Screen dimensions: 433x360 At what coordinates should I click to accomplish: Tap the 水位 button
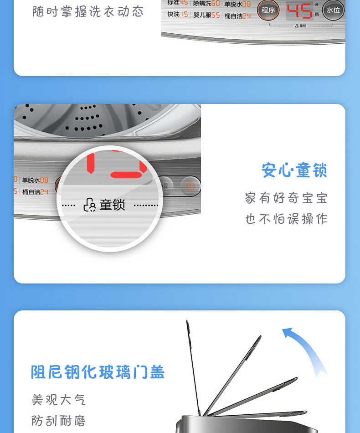(x=333, y=10)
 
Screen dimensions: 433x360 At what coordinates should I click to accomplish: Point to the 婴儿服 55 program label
(x=206, y=15)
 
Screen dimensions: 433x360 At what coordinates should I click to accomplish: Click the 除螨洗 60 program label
(x=206, y=4)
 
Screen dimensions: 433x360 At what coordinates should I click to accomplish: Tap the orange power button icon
(x=190, y=186)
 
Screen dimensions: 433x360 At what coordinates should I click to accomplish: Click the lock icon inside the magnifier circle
(x=89, y=205)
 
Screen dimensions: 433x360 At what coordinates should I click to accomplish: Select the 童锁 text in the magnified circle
(x=112, y=205)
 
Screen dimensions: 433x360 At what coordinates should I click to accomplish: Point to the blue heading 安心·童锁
(x=294, y=170)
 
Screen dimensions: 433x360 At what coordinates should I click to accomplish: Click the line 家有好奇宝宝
(x=286, y=198)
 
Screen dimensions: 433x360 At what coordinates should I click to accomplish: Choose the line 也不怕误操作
(x=286, y=219)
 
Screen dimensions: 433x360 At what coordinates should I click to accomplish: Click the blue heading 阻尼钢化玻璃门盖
(x=98, y=372)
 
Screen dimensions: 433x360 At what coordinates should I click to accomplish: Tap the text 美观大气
(x=58, y=400)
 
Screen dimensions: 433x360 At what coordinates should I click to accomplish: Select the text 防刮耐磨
(x=58, y=420)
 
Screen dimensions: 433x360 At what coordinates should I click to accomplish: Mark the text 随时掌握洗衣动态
(x=88, y=11)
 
